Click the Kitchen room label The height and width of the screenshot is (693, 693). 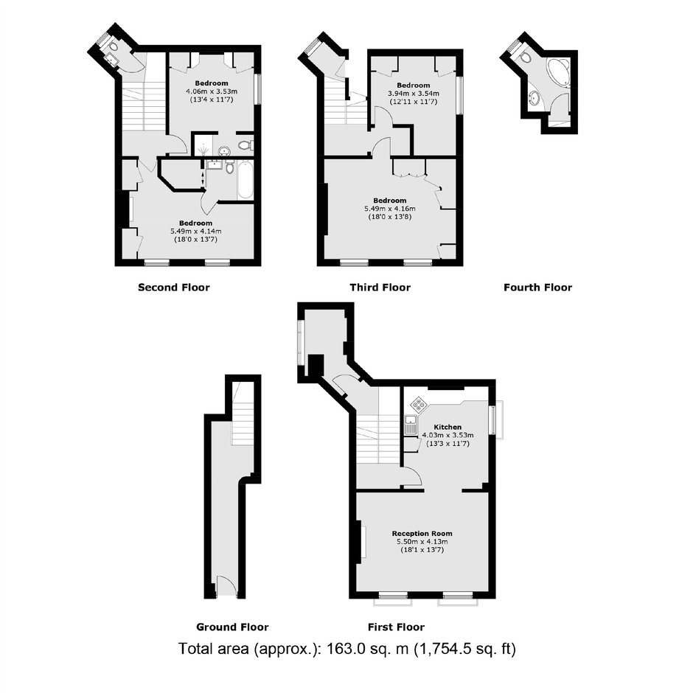(x=448, y=427)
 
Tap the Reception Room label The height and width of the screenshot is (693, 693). (x=422, y=534)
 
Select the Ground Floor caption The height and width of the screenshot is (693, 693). (x=232, y=627)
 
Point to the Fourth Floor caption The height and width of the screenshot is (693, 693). (x=538, y=288)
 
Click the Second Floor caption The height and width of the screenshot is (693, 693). (x=174, y=288)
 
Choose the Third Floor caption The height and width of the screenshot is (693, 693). (x=380, y=288)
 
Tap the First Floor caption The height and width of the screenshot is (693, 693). (x=396, y=627)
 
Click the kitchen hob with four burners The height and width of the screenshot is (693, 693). (x=418, y=404)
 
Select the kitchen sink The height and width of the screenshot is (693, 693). (x=411, y=425)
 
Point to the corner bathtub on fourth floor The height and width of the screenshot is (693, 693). (x=558, y=72)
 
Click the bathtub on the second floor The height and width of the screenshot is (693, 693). (x=245, y=181)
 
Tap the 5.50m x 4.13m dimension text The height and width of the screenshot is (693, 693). (x=422, y=542)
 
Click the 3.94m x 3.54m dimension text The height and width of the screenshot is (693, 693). (x=414, y=94)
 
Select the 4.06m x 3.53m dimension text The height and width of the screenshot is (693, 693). (x=212, y=91)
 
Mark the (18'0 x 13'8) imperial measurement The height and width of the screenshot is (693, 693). (x=390, y=217)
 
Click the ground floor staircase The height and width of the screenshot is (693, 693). (x=243, y=414)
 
